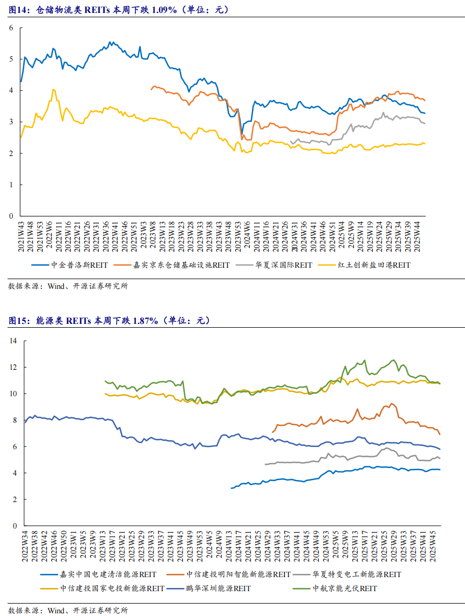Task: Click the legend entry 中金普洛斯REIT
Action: click(x=76, y=265)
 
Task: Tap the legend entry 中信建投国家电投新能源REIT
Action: click(x=112, y=588)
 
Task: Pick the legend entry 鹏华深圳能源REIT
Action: click(x=218, y=588)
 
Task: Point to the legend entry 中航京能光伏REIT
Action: click(x=345, y=588)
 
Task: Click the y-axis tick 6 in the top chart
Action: click(x=11, y=28)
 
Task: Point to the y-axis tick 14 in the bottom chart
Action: click(x=13, y=341)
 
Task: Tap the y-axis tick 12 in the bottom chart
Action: click(x=13, y=367)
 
